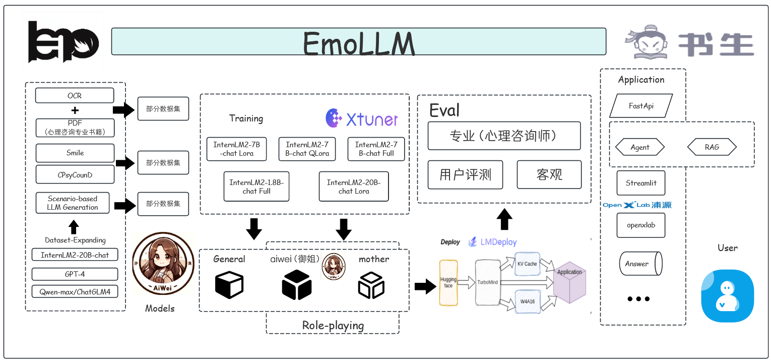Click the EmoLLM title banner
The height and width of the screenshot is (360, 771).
click(358, 42)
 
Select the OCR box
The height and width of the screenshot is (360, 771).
click(75, 95)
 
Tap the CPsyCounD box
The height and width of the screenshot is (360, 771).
click(75, 174)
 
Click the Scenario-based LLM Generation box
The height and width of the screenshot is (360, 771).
click(73, 203)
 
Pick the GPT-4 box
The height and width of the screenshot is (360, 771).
click(75, 274)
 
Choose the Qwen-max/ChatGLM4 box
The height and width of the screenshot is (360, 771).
click(75, 291)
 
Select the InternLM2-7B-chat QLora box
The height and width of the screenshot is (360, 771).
click(307, 149)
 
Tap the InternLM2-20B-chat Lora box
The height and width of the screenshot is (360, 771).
click(354, 187)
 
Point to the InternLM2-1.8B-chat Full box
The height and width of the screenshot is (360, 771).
click(256, 187)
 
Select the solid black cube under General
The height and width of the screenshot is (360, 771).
click(229, 285)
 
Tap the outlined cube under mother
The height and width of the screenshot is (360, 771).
click(371, 285)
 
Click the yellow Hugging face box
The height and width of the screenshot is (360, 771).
click(448, 282)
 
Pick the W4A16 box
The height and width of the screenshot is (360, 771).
click(527, 302)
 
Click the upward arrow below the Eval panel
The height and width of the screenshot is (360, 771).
click(504, 219)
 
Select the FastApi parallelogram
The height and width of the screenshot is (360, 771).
click(641, 106)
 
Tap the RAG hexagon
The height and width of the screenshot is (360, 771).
click(712, 147)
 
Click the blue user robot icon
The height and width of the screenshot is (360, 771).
click(727, 296)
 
